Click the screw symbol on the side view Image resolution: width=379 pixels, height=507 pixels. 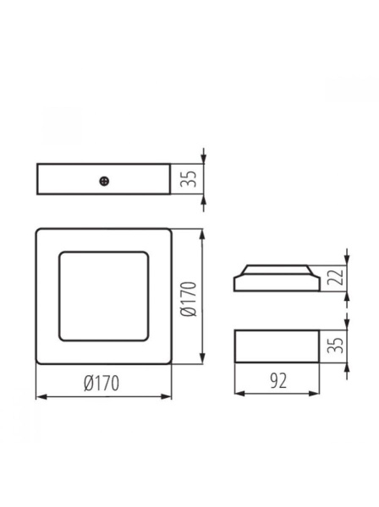point(104,179)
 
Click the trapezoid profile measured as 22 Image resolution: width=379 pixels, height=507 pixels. point(276,278)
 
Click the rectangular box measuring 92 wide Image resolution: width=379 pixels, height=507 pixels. point(276,346)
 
